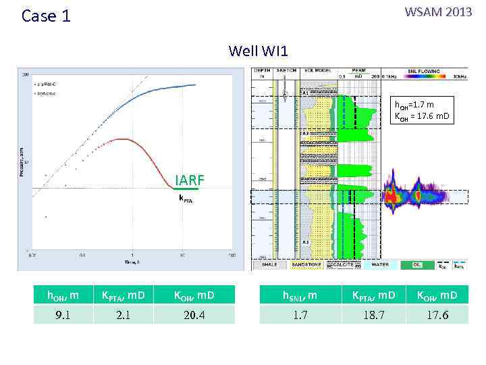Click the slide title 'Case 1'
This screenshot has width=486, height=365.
click(46, 16)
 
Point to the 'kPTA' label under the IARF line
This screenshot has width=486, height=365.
click(185, 199)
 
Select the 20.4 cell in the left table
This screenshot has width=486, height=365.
click(194, 314)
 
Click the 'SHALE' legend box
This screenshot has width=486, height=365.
click(269, 265)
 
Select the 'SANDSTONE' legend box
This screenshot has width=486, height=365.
click(306, 265)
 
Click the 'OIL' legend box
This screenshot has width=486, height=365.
click(418, 265)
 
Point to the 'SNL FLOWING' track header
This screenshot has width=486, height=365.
click(424, 70)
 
